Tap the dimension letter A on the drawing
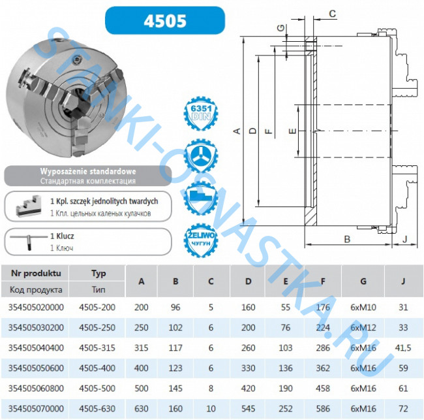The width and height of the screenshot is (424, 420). [x=237, y=131]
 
